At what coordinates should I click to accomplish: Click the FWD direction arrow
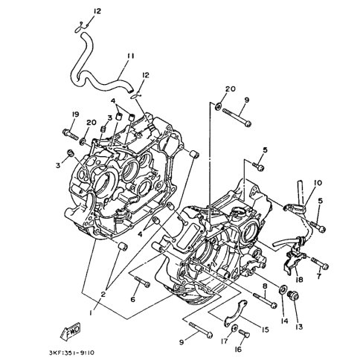click(71, 332)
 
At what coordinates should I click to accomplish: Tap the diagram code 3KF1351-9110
click(71, 353)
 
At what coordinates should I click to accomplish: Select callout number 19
click(75, 115)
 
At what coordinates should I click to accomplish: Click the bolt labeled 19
click(71, 134)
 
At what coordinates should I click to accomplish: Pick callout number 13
click(299, 327)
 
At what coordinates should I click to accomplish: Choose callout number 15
click(265, 330)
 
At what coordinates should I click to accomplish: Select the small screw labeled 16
click(244, 333)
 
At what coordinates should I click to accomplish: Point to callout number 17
click(224, 341)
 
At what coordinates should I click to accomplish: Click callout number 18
click(299, 280)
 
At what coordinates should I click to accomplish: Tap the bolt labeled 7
click(320, 264)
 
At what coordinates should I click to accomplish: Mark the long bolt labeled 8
click(265, 300)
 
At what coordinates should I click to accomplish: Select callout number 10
click(318, 183)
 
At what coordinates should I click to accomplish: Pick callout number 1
click(91, 313)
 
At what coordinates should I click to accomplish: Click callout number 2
click(103, 295)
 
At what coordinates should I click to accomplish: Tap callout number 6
click(133, 300)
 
